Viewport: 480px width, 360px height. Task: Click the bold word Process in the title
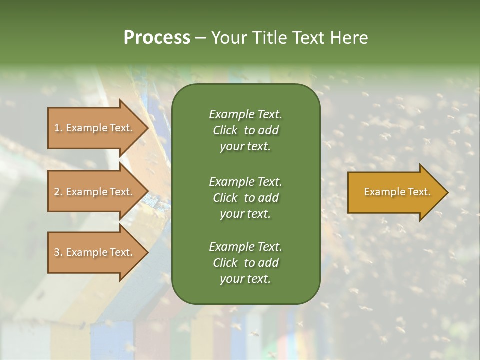coord(157,38)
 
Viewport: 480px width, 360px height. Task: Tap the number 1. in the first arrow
coord(58,128)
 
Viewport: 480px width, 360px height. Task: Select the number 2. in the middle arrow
coord(58,192)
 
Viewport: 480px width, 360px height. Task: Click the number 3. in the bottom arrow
coord(58,252)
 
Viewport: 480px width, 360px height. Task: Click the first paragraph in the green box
coord(245,130)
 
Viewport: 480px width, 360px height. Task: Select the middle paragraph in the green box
coord(245,197)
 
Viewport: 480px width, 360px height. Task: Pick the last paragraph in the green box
coord(245,263)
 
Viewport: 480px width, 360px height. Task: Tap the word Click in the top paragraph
coord(225,130)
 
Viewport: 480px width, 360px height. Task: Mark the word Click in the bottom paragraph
coord(225,263)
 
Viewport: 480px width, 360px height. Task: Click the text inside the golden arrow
coord(397,192)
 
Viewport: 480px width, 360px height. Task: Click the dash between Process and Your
coord(201,38)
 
